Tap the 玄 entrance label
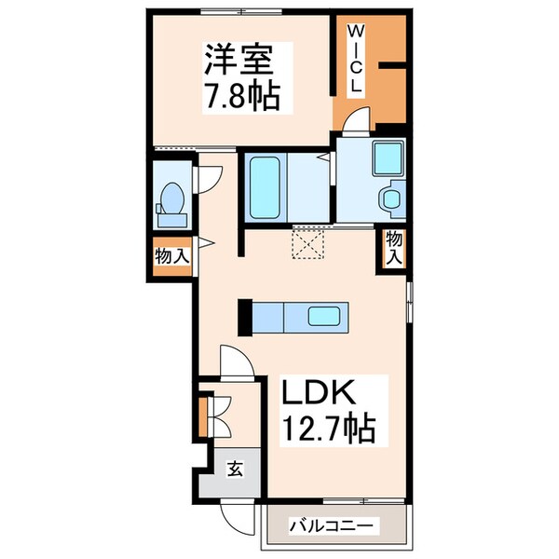point(235,470)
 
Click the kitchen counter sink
point(326,318)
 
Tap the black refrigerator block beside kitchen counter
point(246,317)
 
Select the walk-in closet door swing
point(353,122)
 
